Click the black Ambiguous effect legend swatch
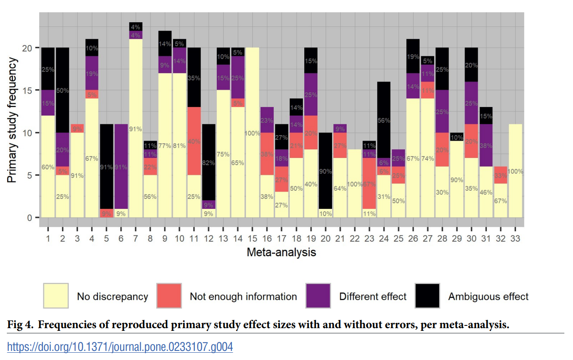428,296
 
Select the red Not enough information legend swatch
169,296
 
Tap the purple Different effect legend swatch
318,296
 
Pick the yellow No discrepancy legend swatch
56,296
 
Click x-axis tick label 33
516,238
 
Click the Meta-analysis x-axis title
281,252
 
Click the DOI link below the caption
120,347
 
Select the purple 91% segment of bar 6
121,167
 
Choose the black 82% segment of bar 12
209,162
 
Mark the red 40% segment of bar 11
194,141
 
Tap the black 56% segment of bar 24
384,120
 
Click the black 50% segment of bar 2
62,90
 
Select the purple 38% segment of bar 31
486,145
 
